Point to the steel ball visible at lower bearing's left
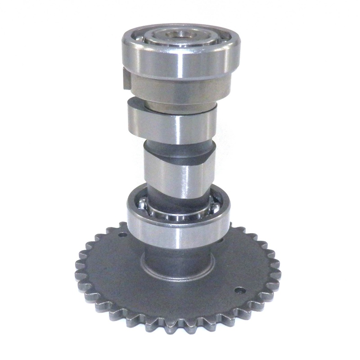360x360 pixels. click(x=141, y=205)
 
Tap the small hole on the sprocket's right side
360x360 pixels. click(x=240, y=290)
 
